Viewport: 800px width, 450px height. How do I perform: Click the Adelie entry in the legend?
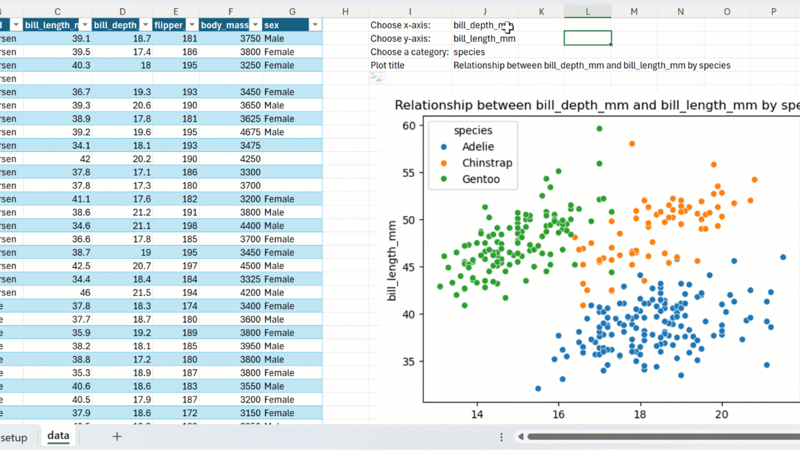pos(477,147)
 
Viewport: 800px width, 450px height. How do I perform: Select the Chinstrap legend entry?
pos(486,163)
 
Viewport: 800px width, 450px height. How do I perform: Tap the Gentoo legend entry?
pos(480,179)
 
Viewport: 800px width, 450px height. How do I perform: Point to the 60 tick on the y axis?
pos(409,126)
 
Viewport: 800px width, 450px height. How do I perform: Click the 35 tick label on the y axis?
pos(409,361)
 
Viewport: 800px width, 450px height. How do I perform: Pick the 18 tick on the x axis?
pos(640,414)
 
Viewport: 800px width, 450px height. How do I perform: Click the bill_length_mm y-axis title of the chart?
pos(392,261)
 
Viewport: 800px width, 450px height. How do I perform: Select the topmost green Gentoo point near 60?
pos(599,129)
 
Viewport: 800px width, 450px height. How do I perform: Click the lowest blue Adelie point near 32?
pos(538,389)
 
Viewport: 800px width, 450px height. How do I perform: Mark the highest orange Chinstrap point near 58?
pos(632,144)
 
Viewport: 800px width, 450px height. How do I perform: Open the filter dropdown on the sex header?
pos(315,25)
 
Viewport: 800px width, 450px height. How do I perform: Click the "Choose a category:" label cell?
pos(409,52)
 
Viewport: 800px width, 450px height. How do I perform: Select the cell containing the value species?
pos(469,52)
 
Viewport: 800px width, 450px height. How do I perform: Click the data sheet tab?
pos(58,436)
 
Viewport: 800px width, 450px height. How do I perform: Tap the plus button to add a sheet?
pos(117,437)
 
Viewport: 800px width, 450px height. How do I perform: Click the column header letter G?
pos(292,11)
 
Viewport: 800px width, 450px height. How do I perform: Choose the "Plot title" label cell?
pos(387,65)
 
